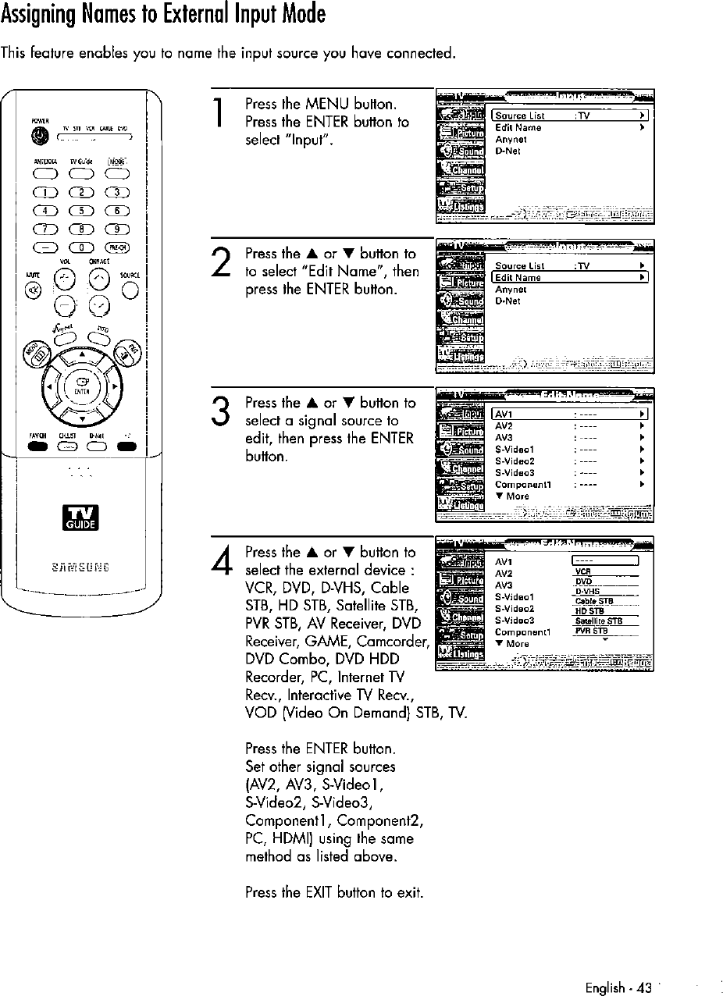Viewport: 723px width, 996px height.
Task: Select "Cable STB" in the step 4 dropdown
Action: click(x=594, y=601)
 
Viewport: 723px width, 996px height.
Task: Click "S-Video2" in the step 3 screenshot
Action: click(x=515, y=461)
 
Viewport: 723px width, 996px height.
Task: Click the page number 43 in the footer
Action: click(x=644, y=987)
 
